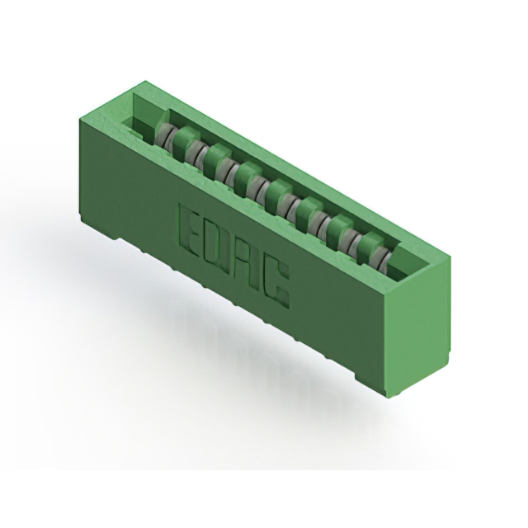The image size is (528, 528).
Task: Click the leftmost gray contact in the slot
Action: point(167,136)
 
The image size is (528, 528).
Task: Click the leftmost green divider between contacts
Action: point(186,139)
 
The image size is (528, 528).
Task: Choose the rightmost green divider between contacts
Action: point(371,243)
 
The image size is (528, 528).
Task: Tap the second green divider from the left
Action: point(218,157)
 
